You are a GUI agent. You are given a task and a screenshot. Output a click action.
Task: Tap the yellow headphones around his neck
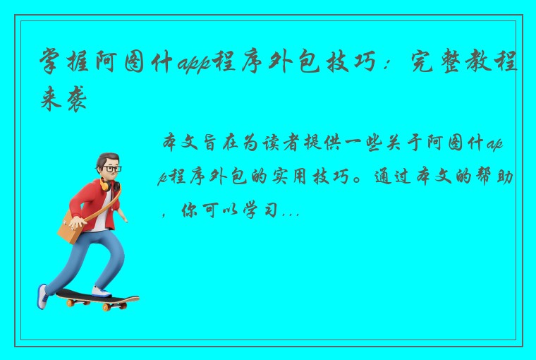pyautogui.click(x=106, y=185)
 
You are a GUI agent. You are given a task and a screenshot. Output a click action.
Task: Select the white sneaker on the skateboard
pyautogui.click(x=102, y=290)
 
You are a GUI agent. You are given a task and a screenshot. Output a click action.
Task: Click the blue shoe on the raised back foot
pyautogui.click(x=43, y=295)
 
